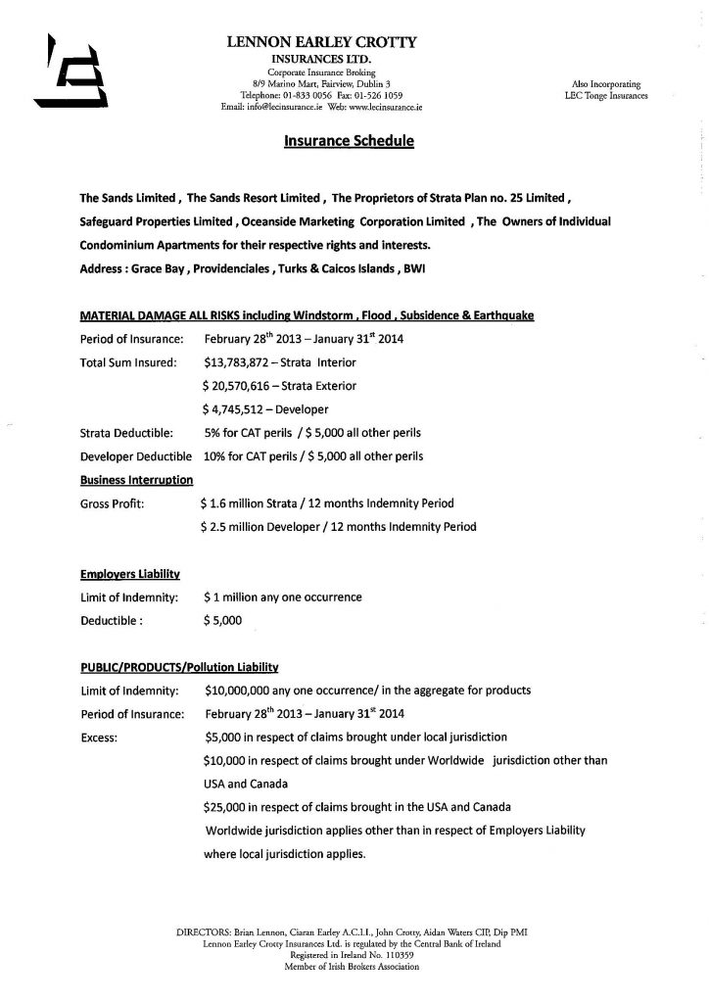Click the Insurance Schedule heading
(349, 141)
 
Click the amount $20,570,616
(238, 385)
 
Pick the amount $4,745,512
(234, 408)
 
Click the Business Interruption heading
(136, 480)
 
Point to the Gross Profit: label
(112, 503)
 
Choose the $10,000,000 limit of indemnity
(243, 691)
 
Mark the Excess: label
(100, 737)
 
